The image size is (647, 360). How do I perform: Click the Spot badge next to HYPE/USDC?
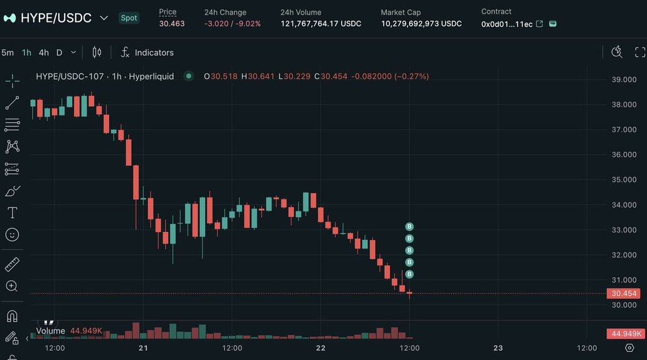coord(129,18)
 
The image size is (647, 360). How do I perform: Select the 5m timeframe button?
coord(8,53)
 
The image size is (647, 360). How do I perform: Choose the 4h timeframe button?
coord(44,53)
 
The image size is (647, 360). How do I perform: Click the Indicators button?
coord(147,53)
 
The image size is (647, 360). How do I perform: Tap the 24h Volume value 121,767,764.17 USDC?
coord(321,24)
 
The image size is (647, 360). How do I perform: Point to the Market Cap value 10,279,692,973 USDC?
coord(421,24)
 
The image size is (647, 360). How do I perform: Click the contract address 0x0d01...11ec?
coord(507,24)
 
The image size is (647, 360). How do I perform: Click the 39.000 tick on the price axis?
coord(624,80)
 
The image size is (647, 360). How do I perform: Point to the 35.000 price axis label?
coord(624,180)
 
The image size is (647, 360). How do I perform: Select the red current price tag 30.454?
coord(624,294)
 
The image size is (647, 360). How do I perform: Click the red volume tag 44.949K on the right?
coord(625,334)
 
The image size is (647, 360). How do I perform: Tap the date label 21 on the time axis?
coord(144,348)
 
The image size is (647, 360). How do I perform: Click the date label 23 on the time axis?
coord(498,348)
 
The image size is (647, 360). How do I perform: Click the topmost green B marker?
coord(409,226)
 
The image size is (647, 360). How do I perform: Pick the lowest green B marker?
coord(409,274)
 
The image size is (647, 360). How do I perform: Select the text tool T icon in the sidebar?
coord(12,212)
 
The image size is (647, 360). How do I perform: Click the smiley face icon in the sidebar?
coord(12,235)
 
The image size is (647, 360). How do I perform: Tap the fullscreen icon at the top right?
coord(640,52)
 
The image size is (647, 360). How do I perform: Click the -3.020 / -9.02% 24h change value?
coord(232,24)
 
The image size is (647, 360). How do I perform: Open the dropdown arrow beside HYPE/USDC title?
coord(104,18)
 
